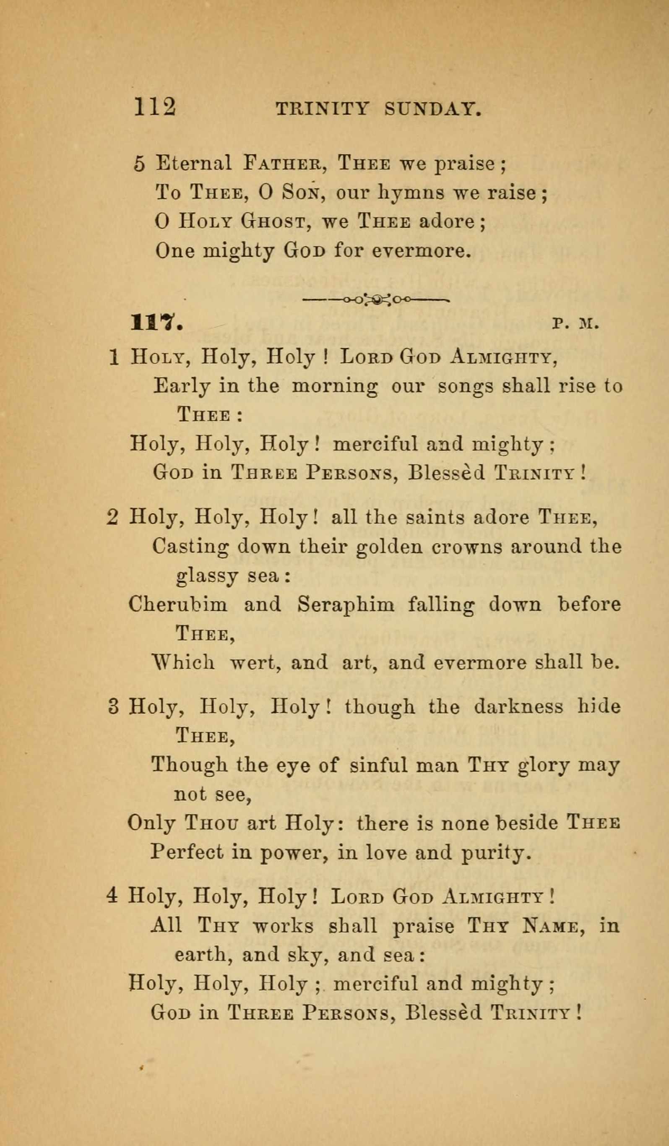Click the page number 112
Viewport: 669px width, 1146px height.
click(x=155, y=108)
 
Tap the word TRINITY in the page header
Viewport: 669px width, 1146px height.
click(x=322, y=110)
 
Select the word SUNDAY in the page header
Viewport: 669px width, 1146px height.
click(x=432, y=110)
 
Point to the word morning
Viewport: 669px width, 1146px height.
click(x=334, y=387)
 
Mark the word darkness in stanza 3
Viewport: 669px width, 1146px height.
click(x=518, y=707)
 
